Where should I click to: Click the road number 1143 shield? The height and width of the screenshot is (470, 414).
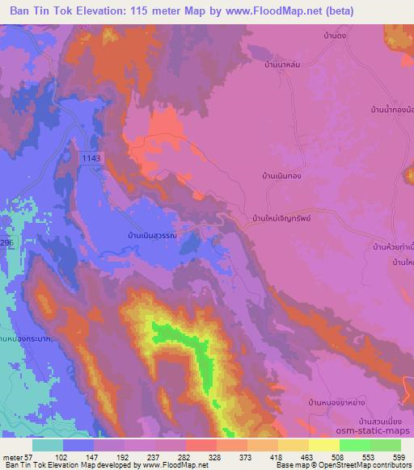pyautogui.click(x=91, y=159)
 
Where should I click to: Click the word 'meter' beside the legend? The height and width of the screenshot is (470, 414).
pyautogui.click(x=11, y=456)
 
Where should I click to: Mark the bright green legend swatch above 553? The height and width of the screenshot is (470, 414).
pyautogui.click(x=355, y=445)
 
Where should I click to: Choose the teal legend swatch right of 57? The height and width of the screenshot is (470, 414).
pyautogui.click(x=49, y=445)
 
